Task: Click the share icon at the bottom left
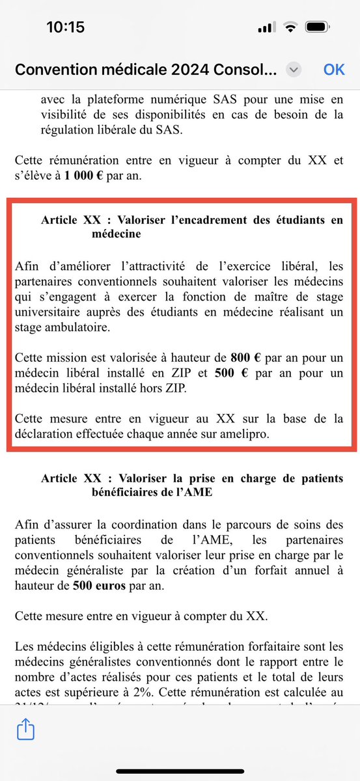pyautogui.click(x=25, y=730)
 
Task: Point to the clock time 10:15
pyautogui.click(x=66, y=28)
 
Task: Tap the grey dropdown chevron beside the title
pyautogui.click(x=294, y=70)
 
